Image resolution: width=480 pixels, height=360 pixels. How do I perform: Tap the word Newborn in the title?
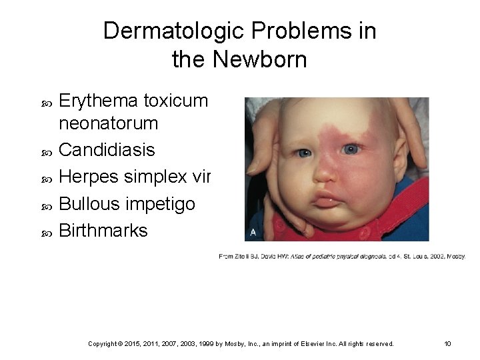(x=260, y=60)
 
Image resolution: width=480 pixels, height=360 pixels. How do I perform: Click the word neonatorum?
(x=109, y=123)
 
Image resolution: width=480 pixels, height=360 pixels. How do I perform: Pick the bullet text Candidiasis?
(x=107, y=150)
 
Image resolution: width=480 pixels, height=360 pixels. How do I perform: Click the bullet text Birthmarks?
(x=103, y=230)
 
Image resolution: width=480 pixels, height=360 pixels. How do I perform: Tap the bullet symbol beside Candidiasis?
(x=46, y=151)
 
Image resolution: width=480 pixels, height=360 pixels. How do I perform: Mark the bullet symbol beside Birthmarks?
(x=46, y=231)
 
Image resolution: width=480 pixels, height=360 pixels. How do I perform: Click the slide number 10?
(x=448, y=344)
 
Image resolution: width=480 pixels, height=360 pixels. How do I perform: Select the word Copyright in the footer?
(x=105, y=344)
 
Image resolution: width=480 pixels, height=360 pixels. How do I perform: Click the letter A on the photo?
(x=253, y=232)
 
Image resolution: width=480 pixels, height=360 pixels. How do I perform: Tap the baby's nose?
(x=324, y=172)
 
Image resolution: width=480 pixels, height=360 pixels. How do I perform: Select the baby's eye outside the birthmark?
(x=304, y=153)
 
